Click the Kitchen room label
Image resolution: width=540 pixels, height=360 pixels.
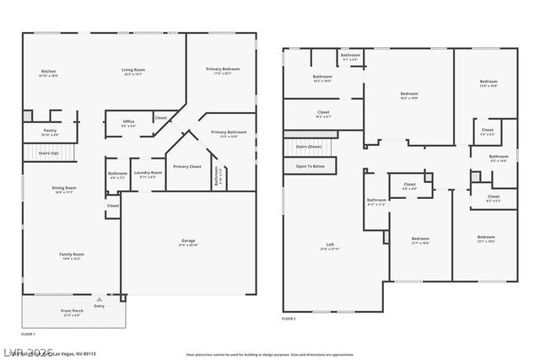[x=49, y=71]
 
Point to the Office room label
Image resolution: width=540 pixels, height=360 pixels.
[x=128, y=121]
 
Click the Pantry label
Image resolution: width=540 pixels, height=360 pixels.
[x=50, y=131]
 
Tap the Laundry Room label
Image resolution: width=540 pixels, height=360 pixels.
[x=148, y=173]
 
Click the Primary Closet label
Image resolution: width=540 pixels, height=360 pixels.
[x=186, y=167]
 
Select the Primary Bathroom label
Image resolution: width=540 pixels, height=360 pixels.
[x=229, y=132]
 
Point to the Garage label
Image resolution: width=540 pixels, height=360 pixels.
[x=188, y=241]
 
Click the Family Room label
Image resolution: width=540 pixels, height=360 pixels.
[x=71, y=255]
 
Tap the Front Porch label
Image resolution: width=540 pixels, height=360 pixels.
[x=72, y=311]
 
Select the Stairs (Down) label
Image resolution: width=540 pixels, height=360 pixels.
[x=308, y=147]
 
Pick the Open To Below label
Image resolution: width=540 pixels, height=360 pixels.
[x=310, y=167]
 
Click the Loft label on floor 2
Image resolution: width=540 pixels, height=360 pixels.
[x=330, y=245]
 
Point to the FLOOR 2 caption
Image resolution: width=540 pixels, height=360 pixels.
[x=289, y=319]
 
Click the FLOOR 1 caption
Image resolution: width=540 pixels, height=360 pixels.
[x=28, y=335]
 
